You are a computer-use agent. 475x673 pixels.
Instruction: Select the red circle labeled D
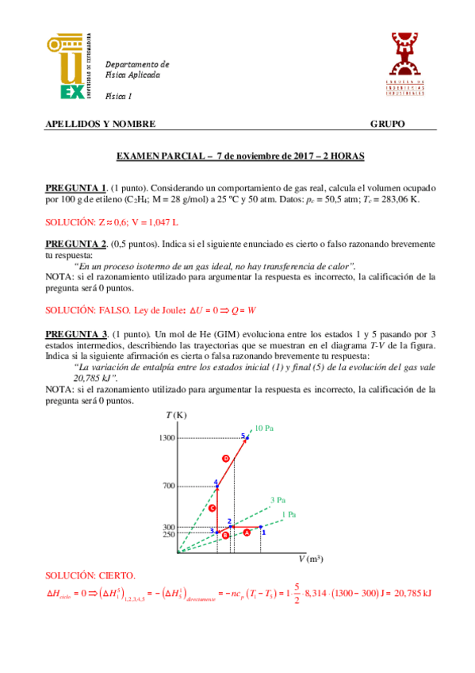(x=226, y=459)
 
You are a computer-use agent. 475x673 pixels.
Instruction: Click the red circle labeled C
(x=213, y=508)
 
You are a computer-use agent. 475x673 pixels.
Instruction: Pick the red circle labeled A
(x=247, y=533)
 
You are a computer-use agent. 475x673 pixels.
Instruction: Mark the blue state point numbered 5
(x=247, y=437)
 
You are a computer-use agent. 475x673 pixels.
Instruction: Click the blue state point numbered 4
(x=216, y=486)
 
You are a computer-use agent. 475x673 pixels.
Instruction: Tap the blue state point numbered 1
(x=260, y=527)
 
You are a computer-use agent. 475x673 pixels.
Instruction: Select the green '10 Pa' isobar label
(x=264, y=429)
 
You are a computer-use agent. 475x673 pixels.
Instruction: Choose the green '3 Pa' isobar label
(x=278, y=500)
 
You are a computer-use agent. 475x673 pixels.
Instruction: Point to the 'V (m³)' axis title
(x=311, y=560)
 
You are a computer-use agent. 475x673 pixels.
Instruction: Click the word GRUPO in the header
(x=388, y=125)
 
